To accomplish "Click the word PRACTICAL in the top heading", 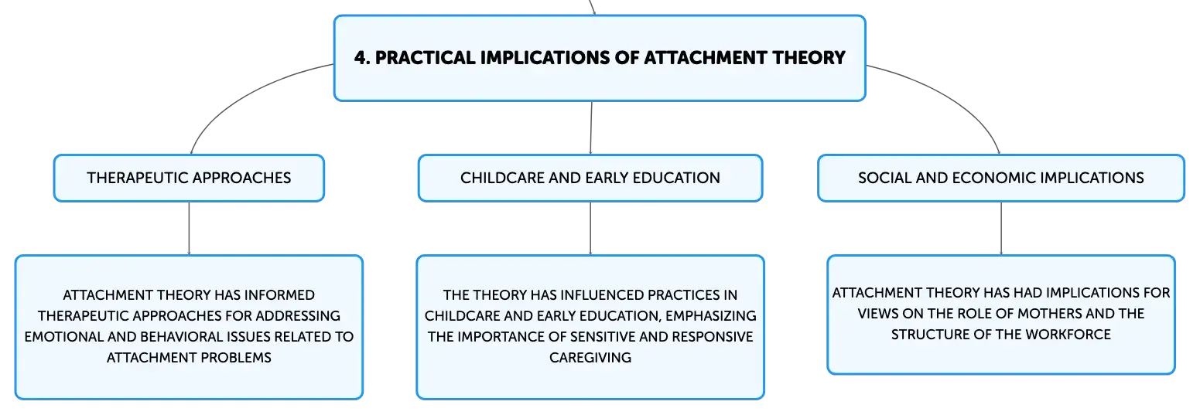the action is pos(425,58).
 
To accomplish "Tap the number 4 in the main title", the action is pos(360,58).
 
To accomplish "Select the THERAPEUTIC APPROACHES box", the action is pos(189,178).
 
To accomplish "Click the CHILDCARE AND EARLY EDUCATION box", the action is pos(590,178).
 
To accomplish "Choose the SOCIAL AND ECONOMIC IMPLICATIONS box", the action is pos(1000,178).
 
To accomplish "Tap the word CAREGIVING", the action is pos(590,357).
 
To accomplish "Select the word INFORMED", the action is pos(279,294).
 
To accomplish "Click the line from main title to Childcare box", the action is pos(591,128).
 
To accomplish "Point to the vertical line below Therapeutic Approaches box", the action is pos(189,228).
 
